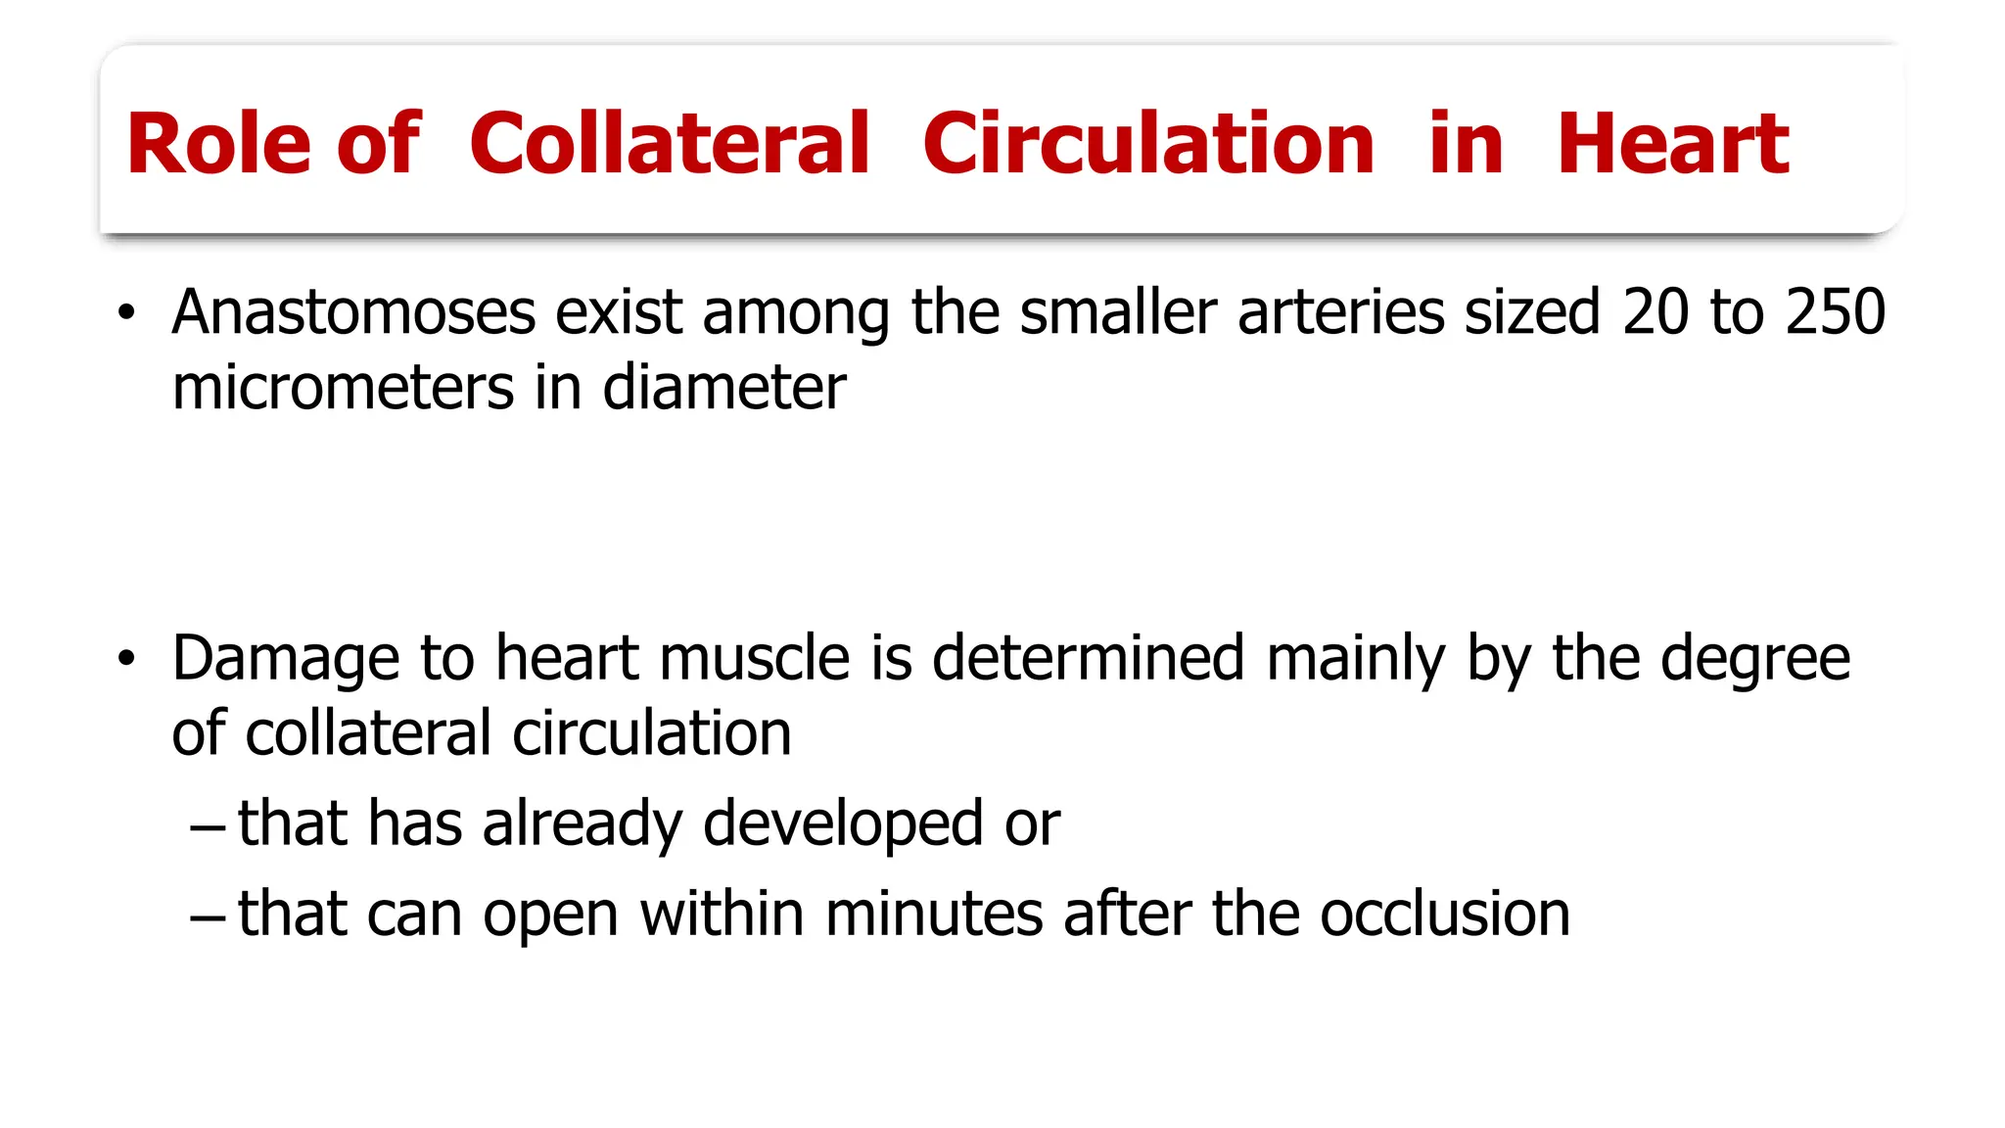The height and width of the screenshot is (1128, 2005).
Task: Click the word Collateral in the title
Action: (x=670, y=144)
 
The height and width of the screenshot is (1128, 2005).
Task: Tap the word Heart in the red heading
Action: (x=1673, y=144)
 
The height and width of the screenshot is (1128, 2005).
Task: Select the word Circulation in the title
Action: (x=1148, y=144)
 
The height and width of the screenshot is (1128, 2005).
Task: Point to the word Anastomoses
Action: (x=353, y=312)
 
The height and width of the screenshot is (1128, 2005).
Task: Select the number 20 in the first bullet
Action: (x=1655, y=312)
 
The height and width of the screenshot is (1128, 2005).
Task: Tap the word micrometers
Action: (x=343, y=387)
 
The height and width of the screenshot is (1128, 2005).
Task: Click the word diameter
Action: (x=724, y=387)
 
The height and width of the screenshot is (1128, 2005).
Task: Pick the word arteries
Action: (x=1341, y=312)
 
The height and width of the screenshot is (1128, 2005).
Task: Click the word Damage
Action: (x=286, y=658)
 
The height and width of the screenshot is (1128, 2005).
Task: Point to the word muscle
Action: (x=755, y=658)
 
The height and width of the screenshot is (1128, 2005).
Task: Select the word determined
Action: (x=1089, y=658)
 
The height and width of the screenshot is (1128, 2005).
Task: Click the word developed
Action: (x=843, y=823)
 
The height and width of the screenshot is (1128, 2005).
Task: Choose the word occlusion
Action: (x=1445, y=914)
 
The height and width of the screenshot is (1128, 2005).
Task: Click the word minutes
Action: (x=934, y=914)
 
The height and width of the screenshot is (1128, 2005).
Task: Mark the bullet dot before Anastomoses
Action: (x=125, y=314)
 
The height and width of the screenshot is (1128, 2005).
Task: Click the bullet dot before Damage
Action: (x=125, y=659)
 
